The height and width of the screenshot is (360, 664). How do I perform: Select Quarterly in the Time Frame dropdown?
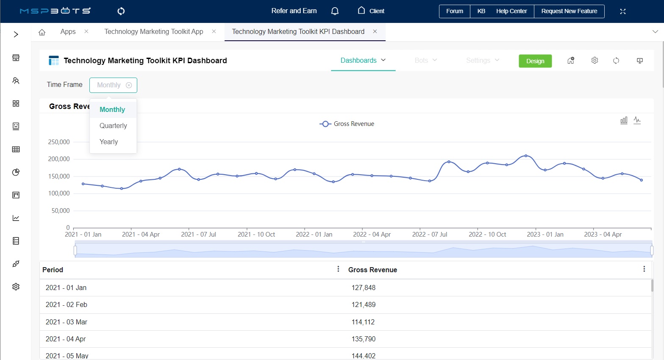(x=113, y=126)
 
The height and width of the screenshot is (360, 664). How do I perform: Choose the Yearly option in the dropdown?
(x=109, y=142)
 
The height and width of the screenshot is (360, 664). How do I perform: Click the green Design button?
(x=535, y=61)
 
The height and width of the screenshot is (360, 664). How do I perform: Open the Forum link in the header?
(x=454, y=11)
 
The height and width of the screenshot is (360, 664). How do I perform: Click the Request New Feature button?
(x=569, y=11)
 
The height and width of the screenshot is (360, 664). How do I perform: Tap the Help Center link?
(x=511, y=11)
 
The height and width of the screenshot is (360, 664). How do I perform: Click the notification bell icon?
(x=335, y=11)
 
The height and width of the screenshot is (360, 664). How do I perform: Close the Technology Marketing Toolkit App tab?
(x=214, y=31)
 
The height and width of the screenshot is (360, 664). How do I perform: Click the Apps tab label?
(x=68, y=31)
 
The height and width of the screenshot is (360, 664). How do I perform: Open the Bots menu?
(x=425, y=60)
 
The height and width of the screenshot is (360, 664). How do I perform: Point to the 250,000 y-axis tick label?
(x=59, y=142)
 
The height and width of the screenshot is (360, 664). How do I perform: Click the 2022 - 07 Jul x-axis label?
(x=429, y=234)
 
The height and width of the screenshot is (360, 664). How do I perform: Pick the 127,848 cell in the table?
(x=364, y=287)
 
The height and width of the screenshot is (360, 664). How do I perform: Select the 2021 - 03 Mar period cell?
(x=67, y=322)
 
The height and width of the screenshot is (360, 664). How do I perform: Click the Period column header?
(x=53, y=270)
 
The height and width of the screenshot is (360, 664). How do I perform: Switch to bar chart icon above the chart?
(x=624, y=120)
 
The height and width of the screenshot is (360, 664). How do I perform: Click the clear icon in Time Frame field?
(x=129, y=85)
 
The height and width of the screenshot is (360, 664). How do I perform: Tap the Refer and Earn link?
(x=294, y=11)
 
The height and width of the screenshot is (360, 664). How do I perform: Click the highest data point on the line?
(x=526, y=156)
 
